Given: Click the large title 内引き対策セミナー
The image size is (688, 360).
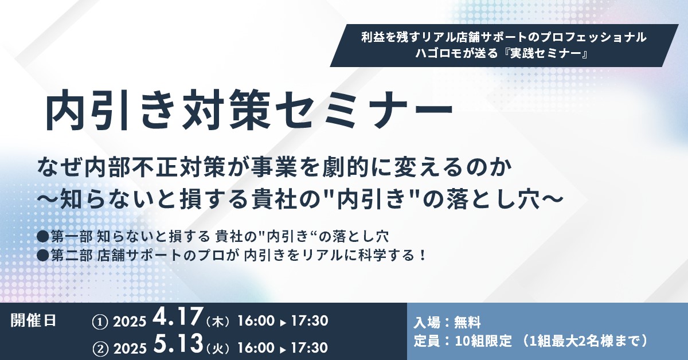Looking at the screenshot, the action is point(249,110).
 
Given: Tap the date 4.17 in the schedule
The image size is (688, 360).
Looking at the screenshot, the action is point(177,318).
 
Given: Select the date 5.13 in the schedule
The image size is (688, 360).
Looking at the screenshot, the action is point(178,344).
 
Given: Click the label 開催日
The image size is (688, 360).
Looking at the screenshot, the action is point(33,320).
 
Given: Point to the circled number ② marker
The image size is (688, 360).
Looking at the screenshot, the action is point(100,349).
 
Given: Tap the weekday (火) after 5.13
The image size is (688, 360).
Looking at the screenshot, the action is point(218,349).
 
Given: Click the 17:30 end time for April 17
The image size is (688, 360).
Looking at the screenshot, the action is point(310,321).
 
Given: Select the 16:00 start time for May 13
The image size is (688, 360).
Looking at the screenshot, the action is point(256,348).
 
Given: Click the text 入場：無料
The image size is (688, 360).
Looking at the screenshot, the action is point(447,323).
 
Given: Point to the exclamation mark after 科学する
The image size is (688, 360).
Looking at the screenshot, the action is point(423,256).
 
